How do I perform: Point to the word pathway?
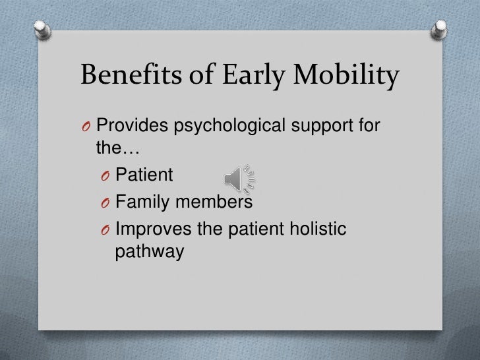(149, 251)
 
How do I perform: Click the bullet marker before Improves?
(105, 229)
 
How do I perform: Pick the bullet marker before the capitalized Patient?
(105, 176)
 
